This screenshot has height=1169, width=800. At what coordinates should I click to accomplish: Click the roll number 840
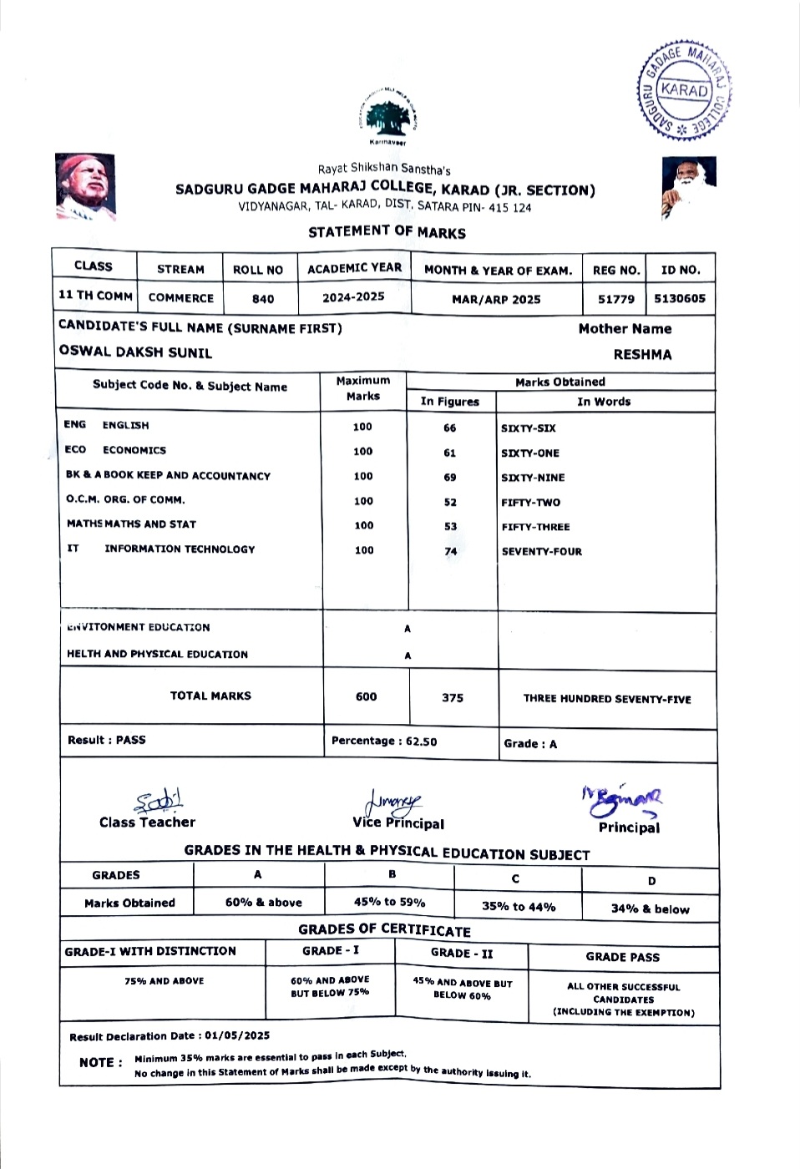[263, 299]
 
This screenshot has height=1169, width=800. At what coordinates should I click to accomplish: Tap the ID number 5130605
[679, 299]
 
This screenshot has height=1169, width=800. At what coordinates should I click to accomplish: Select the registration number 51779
[616, 299]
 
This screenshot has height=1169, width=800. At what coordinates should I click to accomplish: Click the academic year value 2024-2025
[353, 297]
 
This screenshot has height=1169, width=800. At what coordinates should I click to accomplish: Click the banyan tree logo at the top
[389, 116]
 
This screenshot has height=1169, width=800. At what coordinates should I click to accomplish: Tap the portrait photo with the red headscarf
[84, 186]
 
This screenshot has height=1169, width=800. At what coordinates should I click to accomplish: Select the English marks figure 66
[450, 428]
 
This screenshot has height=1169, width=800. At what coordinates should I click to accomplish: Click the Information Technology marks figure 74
[451, 552]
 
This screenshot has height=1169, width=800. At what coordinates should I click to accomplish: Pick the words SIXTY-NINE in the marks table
[533, 478]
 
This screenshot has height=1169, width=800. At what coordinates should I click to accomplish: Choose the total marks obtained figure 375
[453, 698]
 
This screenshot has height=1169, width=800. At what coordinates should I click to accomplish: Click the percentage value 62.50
[421, 741]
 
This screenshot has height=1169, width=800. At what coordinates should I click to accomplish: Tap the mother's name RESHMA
[642, 355]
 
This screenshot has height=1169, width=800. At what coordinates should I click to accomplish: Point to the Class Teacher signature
[159, 802]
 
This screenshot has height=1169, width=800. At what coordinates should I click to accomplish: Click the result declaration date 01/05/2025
[237, 1036]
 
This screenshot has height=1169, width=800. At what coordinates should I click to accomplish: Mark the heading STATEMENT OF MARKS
[387, 232]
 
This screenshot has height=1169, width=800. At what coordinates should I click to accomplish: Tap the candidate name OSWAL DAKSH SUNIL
[135, 352]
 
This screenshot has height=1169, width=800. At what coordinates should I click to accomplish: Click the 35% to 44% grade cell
[518, 907]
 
